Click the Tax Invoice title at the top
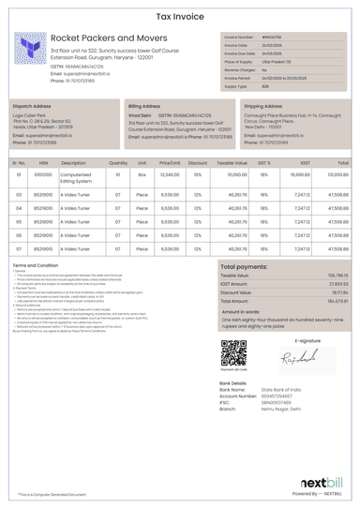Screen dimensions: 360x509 [180, 17]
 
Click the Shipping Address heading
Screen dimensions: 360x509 [262, 107]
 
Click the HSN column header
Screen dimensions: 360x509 [43, 162]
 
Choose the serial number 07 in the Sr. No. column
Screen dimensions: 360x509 [19, 248]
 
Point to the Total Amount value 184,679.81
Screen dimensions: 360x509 [337, 300]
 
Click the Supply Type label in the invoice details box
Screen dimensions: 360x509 [236, 85]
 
